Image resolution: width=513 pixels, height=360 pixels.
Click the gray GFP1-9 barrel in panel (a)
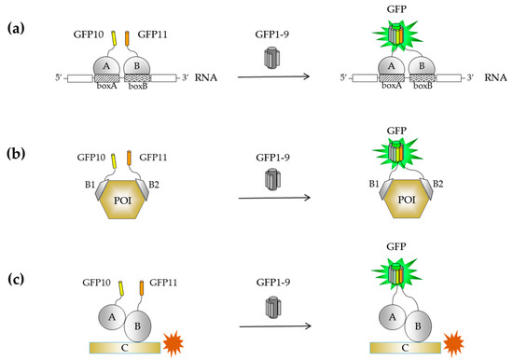tap(271, 55)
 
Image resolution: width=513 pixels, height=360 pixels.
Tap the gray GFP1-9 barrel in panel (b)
tap(271, 177)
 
